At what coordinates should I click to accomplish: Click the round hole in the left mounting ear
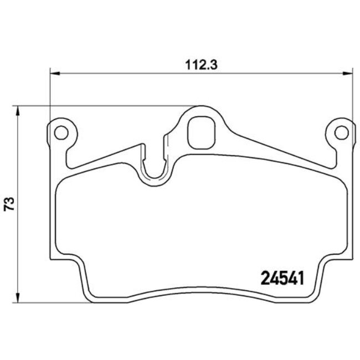coord(61,132)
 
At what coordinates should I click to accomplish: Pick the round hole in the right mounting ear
coord(342,132)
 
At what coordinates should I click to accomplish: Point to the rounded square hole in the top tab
coord(201,132)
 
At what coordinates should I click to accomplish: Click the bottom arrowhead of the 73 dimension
coord(20,299)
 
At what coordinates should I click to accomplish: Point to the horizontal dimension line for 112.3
coord(138,73)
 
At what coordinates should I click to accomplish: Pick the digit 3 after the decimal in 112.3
coord(213,64)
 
